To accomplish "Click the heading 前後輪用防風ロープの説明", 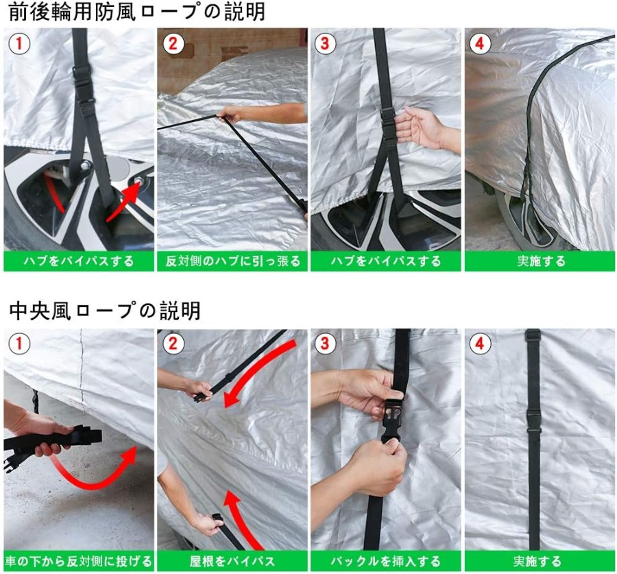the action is click(x=136, y=12).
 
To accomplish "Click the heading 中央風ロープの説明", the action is click(x=105, y=311).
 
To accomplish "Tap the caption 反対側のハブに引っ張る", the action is click(x=232, y=261).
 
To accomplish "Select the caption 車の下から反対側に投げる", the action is click(x=78, y=561).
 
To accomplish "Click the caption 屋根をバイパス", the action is click(x=232, y=561).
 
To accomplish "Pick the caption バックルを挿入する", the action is click(x=385, y=561).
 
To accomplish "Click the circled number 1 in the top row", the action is click(x=19, y=43).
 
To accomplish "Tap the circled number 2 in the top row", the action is click(x=173, y=43).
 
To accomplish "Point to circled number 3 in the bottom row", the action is click(x=325, y=344).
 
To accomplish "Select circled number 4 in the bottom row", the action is click(x=479, y=344).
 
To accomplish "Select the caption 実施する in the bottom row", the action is click(x=537, y=561).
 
